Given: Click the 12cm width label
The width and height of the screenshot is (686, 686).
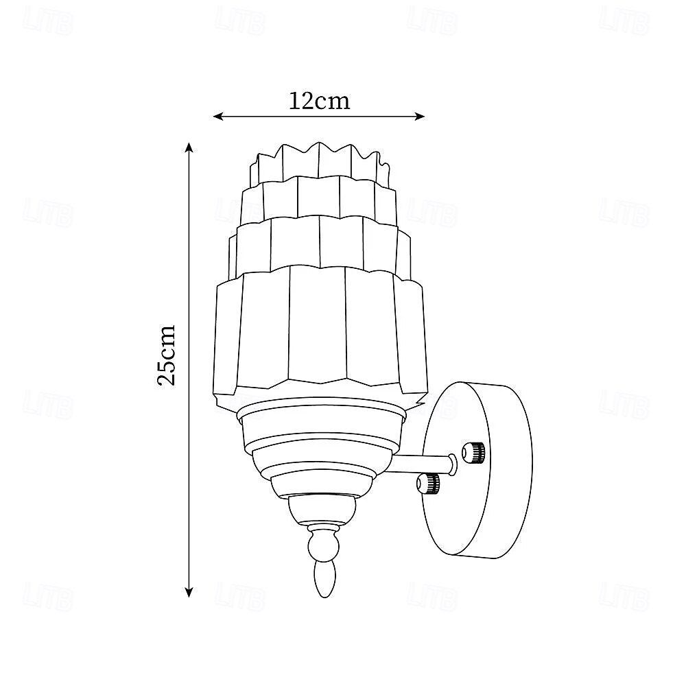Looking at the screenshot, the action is pos(320,101).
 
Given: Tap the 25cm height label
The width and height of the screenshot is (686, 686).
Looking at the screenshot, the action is pos(166,355).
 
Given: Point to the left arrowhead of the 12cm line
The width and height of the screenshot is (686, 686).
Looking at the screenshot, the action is pos(218,117).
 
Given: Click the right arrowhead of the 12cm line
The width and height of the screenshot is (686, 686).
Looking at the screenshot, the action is pos(420,117).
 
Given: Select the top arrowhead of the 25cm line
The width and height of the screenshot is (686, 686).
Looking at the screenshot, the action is pos(189,147).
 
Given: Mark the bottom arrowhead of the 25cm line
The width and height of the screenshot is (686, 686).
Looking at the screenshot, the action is pos(189,593).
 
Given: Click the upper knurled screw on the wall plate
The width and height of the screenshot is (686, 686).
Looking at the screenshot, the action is pos(473,452).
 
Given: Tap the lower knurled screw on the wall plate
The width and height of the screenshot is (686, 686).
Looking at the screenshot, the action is pos(428,483).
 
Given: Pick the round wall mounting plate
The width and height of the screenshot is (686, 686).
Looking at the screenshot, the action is pos(477,471).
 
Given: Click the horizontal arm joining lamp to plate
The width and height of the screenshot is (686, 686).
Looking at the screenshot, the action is pos(420,464).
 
